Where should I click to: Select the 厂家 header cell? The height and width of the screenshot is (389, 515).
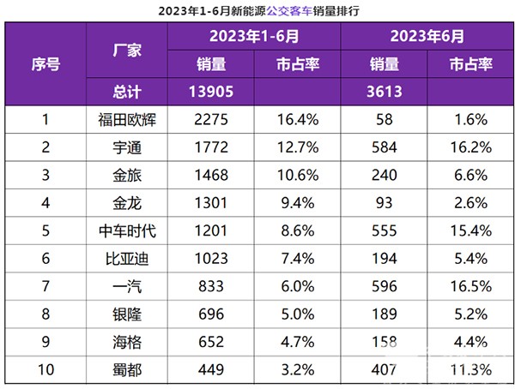click(x=126, y=50)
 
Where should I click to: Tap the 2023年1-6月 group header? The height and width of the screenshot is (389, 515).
click(x=254, y=37)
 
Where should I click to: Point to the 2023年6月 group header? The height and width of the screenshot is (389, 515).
click(x=427, y=37)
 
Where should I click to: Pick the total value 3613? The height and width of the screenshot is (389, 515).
click(x=384, y=92)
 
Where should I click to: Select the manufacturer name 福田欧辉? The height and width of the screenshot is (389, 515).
click(x=126, y=119)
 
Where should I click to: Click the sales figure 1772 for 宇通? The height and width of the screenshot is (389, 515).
click(x=211, y=147)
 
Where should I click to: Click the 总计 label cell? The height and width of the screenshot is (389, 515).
click(x=126, y=92)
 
